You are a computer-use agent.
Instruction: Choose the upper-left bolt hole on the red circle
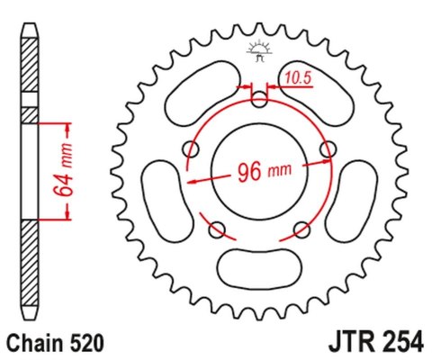(x=190, y=148)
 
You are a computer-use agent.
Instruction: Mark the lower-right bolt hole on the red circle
(x=301, y=230)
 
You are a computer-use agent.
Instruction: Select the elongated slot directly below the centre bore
(x=257, y=267)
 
